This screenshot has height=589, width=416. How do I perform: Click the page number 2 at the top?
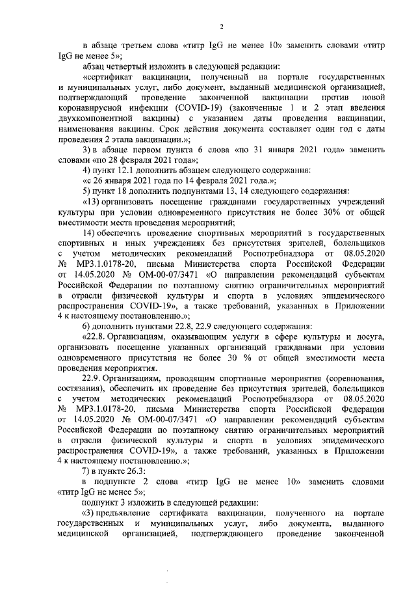pos(222,26)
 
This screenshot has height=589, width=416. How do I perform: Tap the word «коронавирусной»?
pos(91,109)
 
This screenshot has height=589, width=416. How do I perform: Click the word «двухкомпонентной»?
pos(99,119)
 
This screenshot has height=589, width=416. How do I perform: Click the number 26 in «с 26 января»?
pos(102,182)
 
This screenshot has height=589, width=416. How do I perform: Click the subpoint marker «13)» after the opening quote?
pos(92,204)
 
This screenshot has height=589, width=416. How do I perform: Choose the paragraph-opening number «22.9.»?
pos(93,378)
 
